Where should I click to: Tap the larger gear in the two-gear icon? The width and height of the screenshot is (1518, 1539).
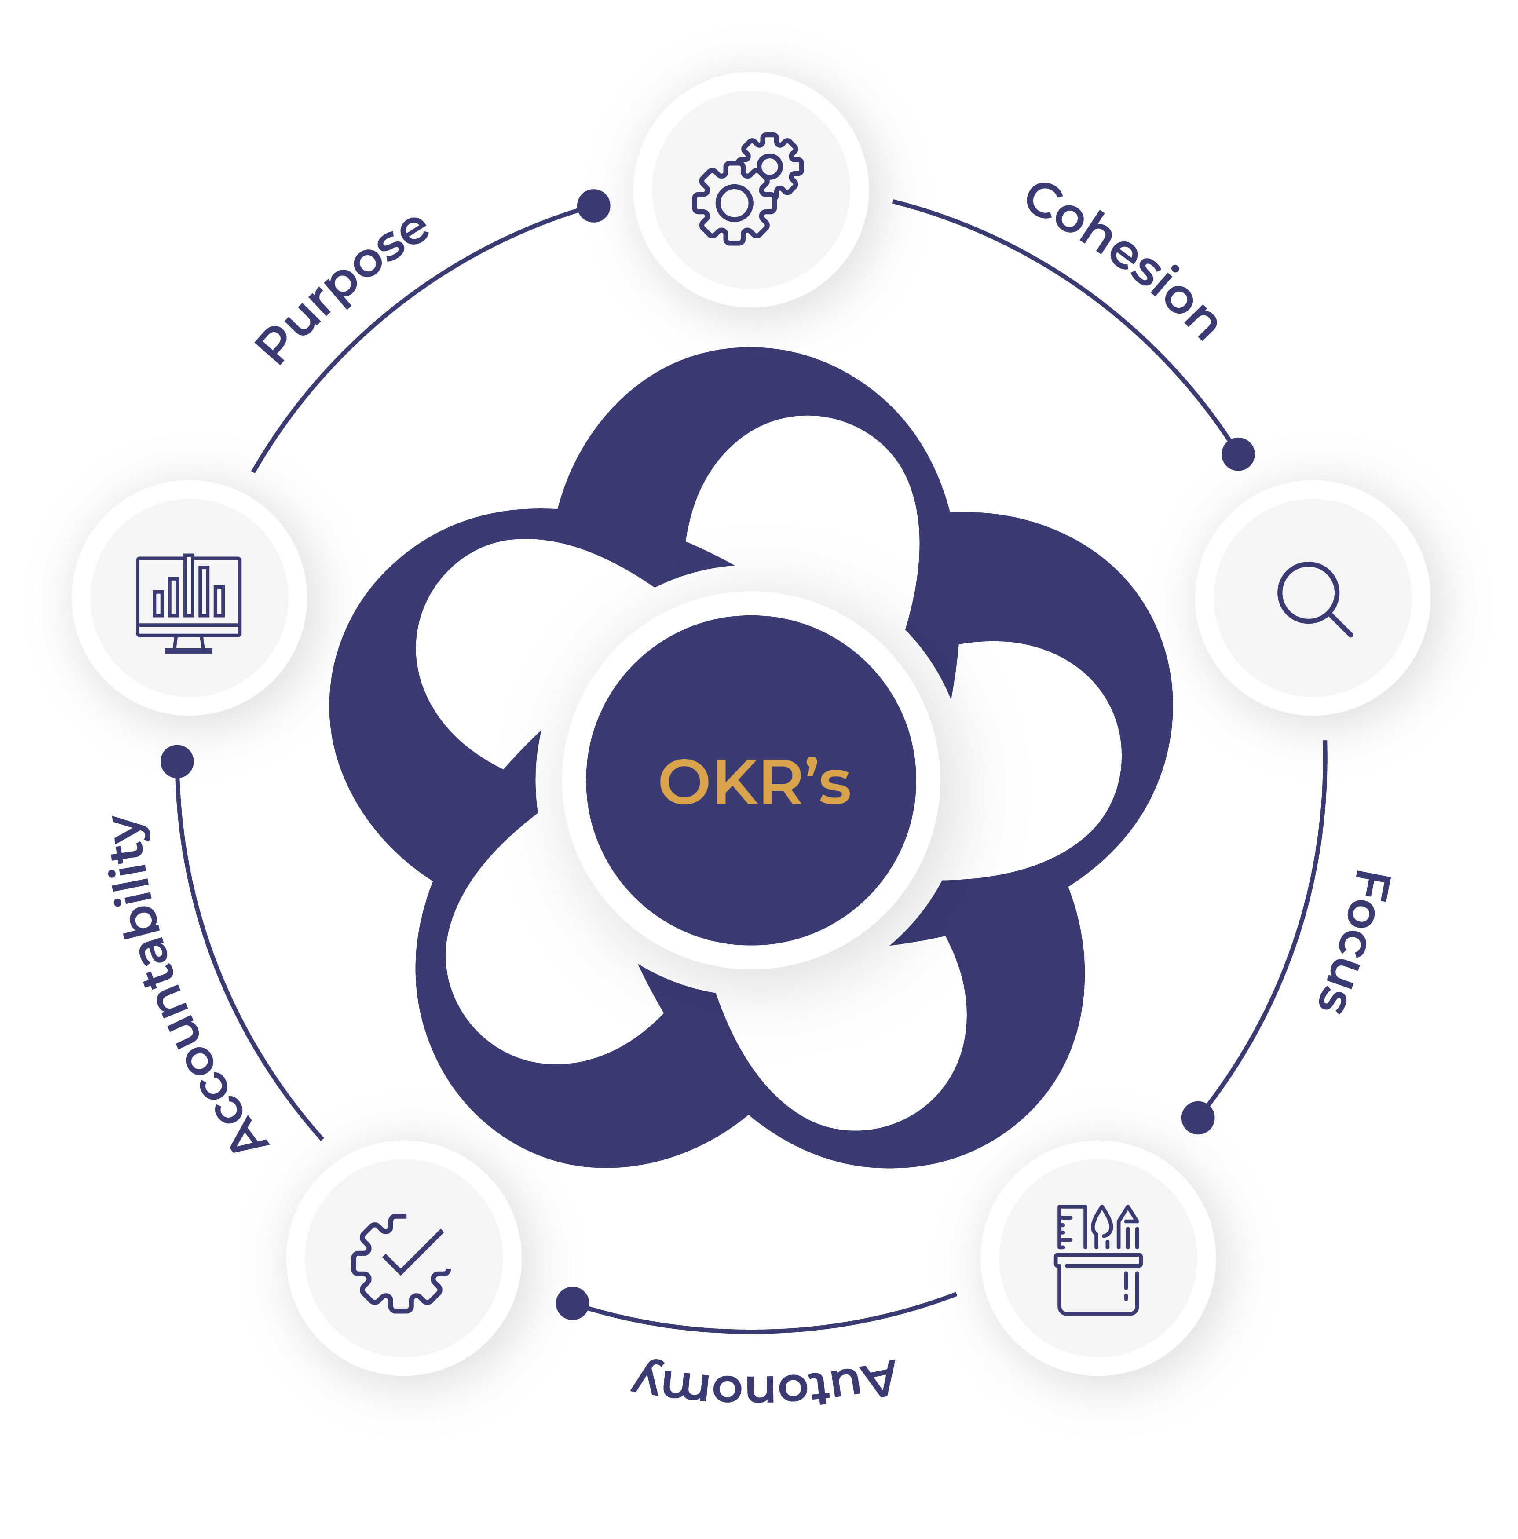pyautogui.click(x=734, y=203)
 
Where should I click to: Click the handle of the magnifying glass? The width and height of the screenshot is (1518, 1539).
pyautogui.click(x=1340, y=625)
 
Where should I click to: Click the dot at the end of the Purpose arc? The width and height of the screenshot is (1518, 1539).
pyautogui.click(x=594, y=205)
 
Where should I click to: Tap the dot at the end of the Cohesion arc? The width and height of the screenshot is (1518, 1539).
pyautogui.click(x=1237, y=454)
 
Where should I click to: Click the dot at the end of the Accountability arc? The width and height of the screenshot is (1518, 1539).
pyautogui.click(x=177, y=761)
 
